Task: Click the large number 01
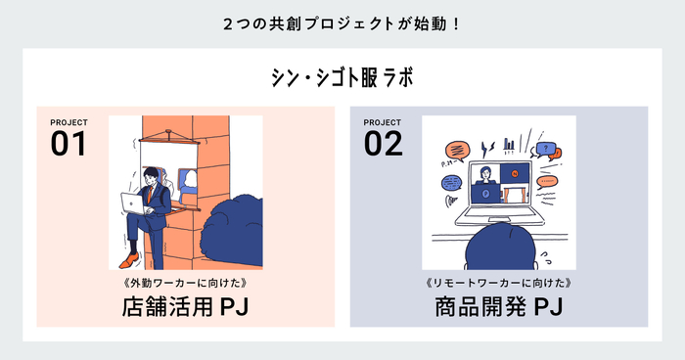click(x=68, y=144)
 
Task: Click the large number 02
click(x=384, y=144)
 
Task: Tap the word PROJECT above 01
click(x=69, y=122)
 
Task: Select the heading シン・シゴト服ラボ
click(x=342, y=77)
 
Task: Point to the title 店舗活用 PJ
click(x=185, y=307)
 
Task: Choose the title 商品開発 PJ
click(x=498, y=307)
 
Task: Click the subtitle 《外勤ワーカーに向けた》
click(x=186, y=283)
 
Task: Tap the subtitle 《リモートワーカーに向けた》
click(x=498, y=283)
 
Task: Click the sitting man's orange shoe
click(x=129, y=260)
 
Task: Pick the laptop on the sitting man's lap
click(x=134, y=204)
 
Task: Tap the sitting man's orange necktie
click(x=150, y=195)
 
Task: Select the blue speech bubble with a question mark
click(x=546, y=149)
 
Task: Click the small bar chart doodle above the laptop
click(x=509, y=145)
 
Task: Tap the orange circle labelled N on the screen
click(x=515, y=174)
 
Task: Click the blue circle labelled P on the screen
click(x=485, y=194)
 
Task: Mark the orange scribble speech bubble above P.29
click(x=457, y=150)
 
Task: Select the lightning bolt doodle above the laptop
click(x=485, y=149)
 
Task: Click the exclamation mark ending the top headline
click(x=457, y=24)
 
